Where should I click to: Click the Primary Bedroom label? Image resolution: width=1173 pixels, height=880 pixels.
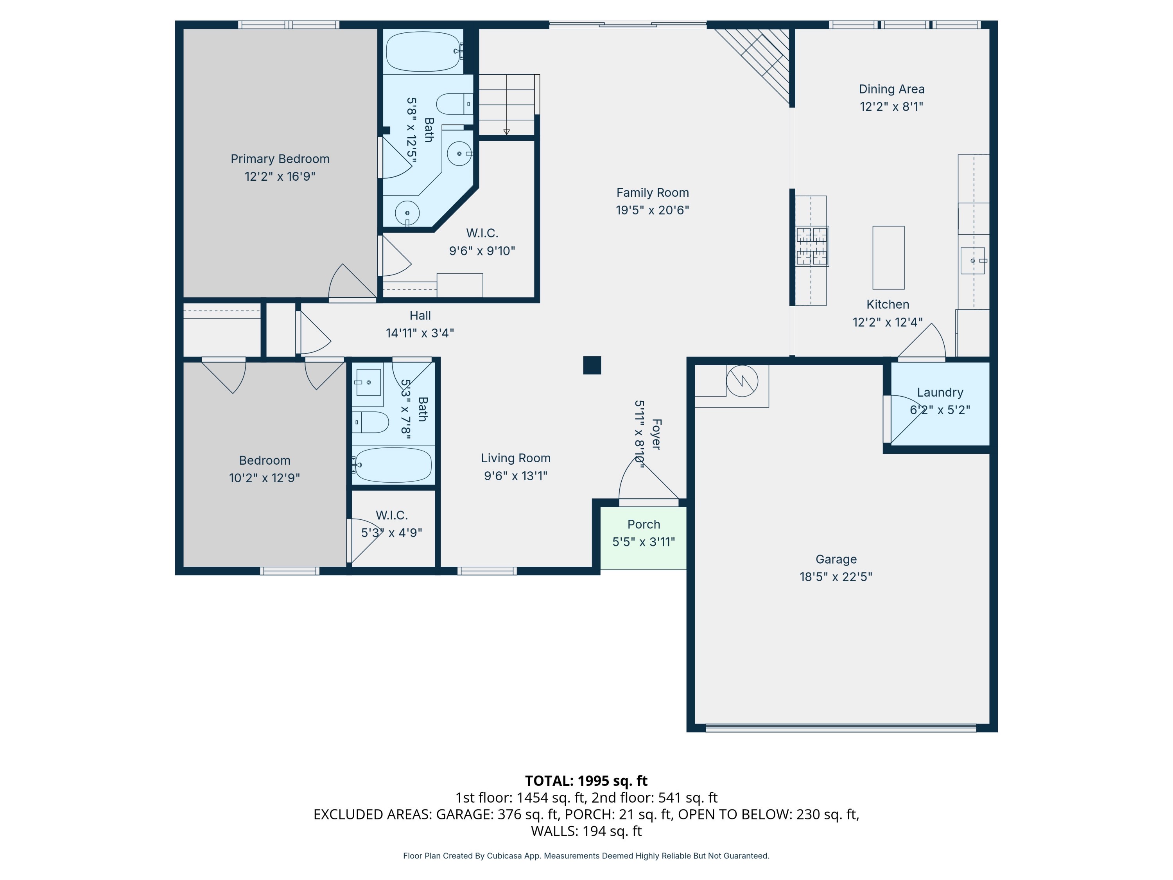click(x=280, y=159)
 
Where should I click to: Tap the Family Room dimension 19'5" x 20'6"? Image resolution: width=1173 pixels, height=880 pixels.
click(x=652, y=210)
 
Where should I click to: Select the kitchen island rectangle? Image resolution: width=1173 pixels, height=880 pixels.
click(x=888, y=258)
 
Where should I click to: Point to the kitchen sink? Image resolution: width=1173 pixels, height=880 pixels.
click(x=972, y=260)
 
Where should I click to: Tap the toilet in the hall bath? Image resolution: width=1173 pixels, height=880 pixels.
click(x=371, y=422)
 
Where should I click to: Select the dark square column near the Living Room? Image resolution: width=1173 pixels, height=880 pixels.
click(x=592, y=365)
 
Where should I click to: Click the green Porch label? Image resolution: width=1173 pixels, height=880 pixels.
click(x=644, y=524)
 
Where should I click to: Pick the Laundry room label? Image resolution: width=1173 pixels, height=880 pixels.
click(x=940, y=393)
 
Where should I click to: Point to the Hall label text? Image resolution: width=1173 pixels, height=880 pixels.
click(x=420, y=316)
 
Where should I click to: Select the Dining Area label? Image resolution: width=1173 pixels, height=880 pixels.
click(x=891, y=89)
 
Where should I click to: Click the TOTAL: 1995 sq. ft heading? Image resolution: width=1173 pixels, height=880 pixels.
click(x=586, y=781)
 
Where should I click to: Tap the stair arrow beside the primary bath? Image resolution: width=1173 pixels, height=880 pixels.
click(x=506, y=131)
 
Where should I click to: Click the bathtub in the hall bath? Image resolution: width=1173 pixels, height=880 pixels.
click(x=393, y=465)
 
